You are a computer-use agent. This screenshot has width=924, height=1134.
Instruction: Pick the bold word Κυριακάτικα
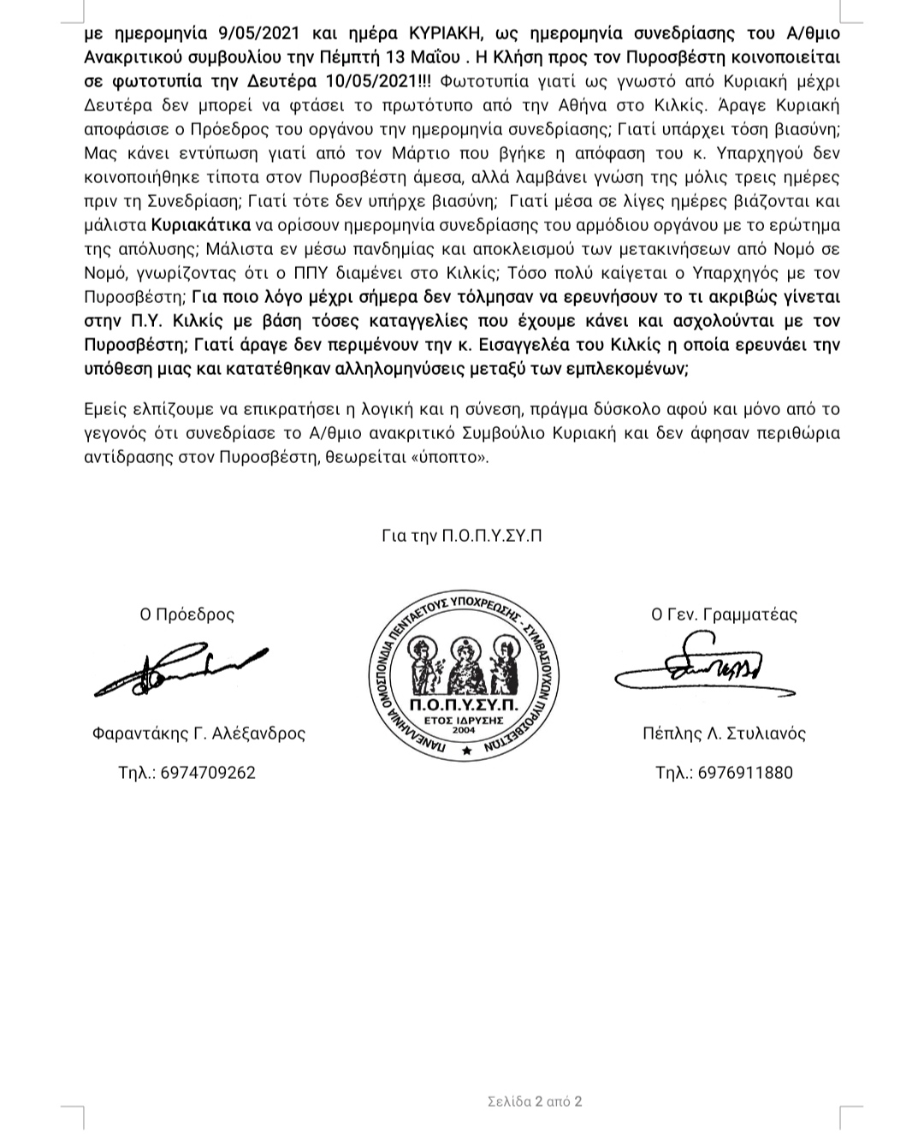(x=202, y=226)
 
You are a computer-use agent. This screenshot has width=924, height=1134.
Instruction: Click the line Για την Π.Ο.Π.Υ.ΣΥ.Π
(x=462, y=537)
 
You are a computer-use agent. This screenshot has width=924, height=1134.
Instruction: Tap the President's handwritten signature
(x=180, y=668)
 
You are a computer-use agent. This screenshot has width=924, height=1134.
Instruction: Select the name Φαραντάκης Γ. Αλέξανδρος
(x=198, y=733)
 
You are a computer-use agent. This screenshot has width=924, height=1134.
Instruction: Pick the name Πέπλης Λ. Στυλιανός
(x=724, y=733)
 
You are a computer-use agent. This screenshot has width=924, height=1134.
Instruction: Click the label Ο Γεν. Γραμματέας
(x=724, y=614)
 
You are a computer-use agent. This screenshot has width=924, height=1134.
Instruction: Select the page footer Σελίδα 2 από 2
(x=534, y=1101)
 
